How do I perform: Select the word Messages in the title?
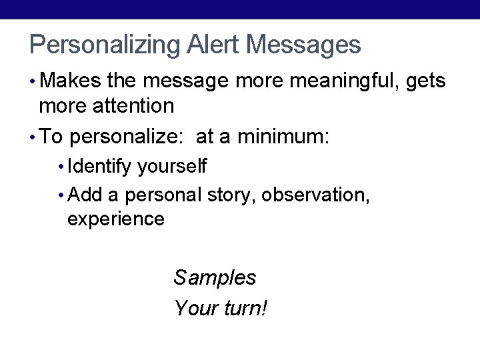(x=304, y=45)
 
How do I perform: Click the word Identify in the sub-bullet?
(x=100, y=166)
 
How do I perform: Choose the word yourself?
(x=173, y=166)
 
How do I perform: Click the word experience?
(x=115, y=219)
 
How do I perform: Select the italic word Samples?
(x=215, y=277)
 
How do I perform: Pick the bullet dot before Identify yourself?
(x=61, y=166)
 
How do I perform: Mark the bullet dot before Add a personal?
(x=61, y=195)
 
